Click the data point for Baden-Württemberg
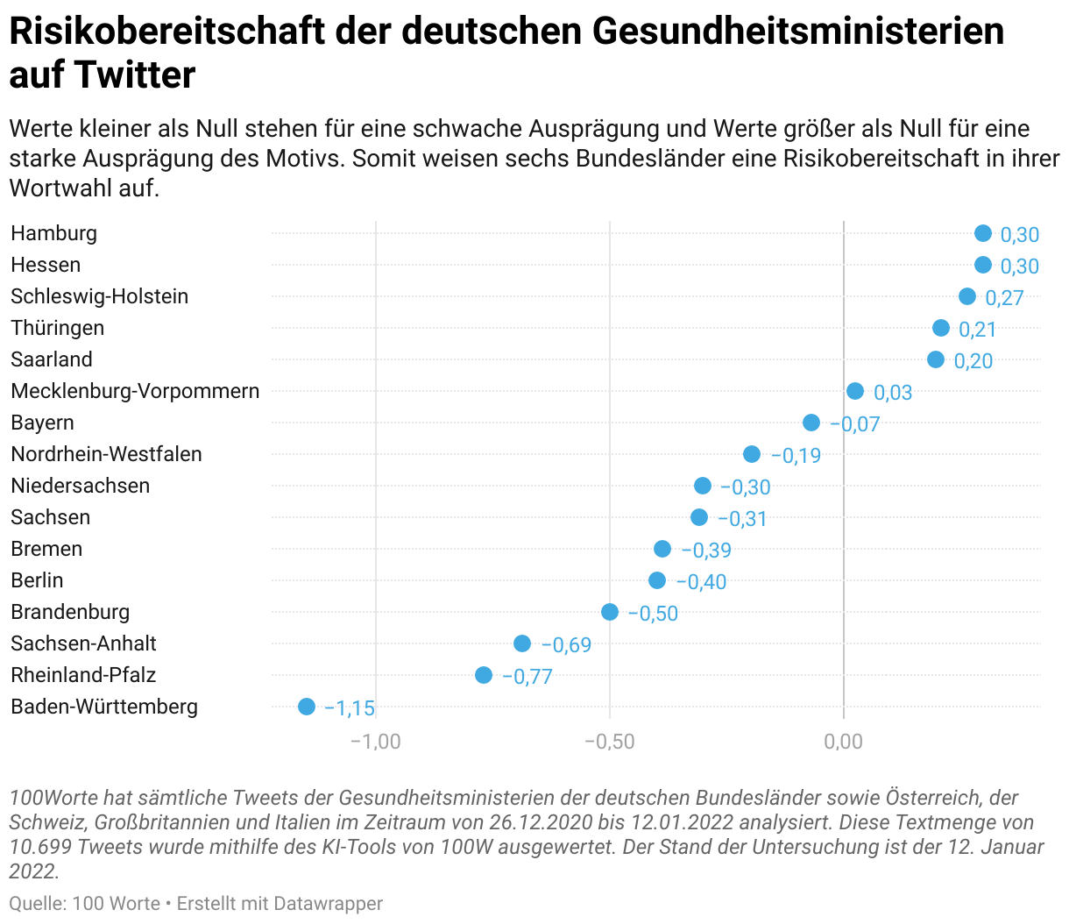[x=306, y=707]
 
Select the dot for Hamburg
[x=983, y=233]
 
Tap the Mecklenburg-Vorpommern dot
[x=855, y=391]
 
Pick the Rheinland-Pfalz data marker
[x=484, y=675]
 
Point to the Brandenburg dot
[x=610, y=612]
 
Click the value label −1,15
[x=350, y=708]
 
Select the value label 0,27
[x=1004, y=298]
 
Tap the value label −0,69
[x=566, y=645]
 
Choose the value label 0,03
[x=893, y=393]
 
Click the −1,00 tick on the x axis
[x=375, y=742]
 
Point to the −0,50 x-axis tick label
[x=609, y=742]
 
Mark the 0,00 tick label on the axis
[x=844, y=742]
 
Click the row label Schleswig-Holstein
[x=100, y=296]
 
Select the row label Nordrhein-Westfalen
[x=106, y=454]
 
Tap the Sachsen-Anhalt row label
[x=83, y=643]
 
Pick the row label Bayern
[x=42, y=423]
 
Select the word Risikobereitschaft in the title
[x=166, y=32]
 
